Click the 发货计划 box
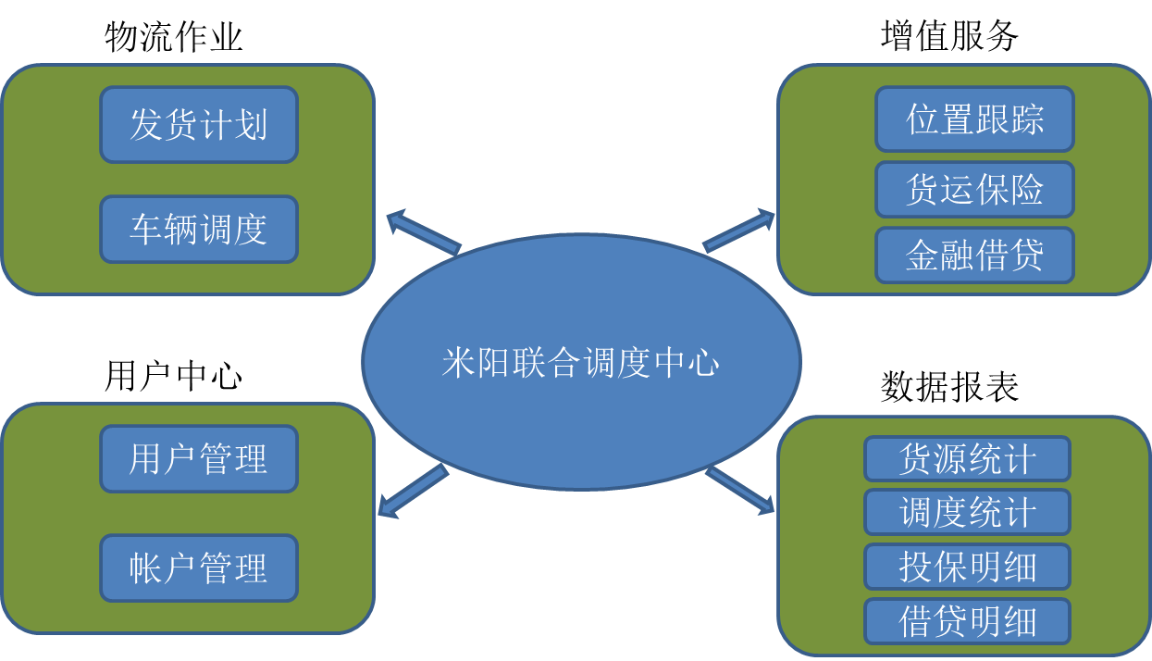pos(199,125)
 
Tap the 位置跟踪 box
pos(974,119)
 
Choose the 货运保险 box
pos(974,190)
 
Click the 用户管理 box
pos(199,459)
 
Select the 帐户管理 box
pos(199,567)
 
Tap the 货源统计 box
pos(967,459)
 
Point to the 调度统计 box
pos(967,512)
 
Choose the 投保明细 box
pos(967,567)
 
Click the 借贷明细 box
pos(967,621)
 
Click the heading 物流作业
pos(174,38)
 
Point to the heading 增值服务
pos(950,36)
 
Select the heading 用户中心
pos(174,377)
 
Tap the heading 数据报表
pos(950,387)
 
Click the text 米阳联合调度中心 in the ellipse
pos(580,362)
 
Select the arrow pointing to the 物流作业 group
pos(422,231)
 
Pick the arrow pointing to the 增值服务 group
pos(738,231)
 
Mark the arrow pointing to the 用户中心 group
pos(413,491)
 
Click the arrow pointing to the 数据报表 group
pos(740,490)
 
